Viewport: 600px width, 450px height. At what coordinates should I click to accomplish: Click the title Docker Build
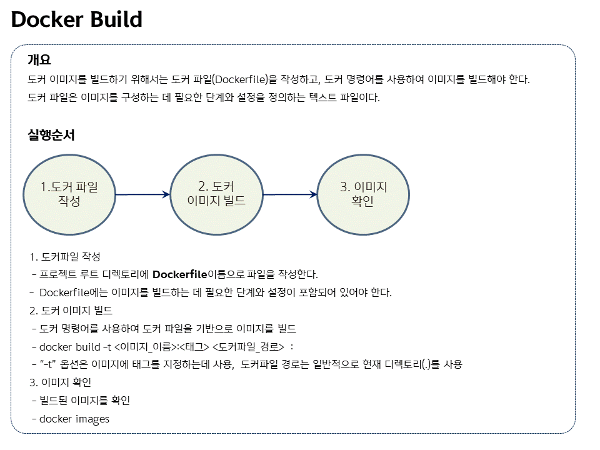[x=77, y=20]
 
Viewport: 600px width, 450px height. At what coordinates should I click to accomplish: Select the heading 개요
[x=39, y=60]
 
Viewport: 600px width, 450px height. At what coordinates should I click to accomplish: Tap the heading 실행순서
[x=51, y=135]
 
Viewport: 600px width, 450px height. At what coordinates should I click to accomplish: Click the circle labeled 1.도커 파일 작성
[x=69, y=194]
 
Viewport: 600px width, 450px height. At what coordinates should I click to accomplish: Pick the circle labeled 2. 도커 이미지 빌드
[x=216, y=194]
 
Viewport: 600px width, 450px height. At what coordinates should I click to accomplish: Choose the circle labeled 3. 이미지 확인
[x=363, y=194]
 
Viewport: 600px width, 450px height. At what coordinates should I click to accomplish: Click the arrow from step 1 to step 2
[x=142, y=194]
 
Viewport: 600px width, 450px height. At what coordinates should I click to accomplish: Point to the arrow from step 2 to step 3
[x=290, y=194]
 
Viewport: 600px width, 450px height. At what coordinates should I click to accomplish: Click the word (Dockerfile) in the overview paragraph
[x=239, y=80]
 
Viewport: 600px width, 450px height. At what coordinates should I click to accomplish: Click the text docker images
[x=74, y=419]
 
